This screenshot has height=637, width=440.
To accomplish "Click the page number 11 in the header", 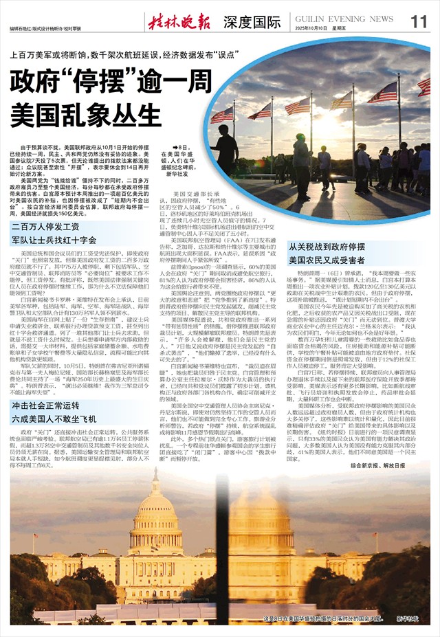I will click(419, 21).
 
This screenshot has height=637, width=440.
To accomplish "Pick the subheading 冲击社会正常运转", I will click(48, 406).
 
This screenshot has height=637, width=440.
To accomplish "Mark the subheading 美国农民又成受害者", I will click(327, 260).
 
